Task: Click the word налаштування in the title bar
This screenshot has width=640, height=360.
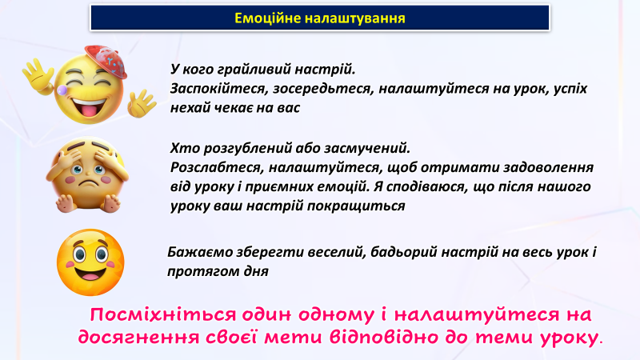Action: pyautogui.click(x=355, y=18)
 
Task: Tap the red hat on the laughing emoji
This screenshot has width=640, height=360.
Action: pyautogui.click(x=106, y=62)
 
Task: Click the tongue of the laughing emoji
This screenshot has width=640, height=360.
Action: pyautogui.click(x=89, y=110)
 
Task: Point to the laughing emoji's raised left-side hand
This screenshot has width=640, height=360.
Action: pyautogui.click(x=38, y=75)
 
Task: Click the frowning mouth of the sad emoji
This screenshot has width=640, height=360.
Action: pyautogui.click(x=89, y=183)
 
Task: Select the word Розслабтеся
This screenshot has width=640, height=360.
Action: pyautogui.click(x=217, y=167)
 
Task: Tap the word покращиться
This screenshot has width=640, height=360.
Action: pyautogui.click(x=356, y=206)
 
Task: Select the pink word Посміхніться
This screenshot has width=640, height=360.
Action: pyautogui.click(x=163, y=314)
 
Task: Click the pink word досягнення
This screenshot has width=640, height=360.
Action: pyautogui.click(x=138, y=338)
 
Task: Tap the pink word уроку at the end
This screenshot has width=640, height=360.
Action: pyautogui.click(x=570, y=338)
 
